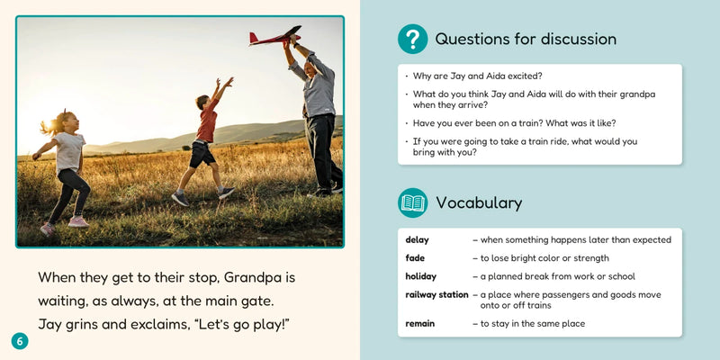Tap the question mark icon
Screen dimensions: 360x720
click(412, 39)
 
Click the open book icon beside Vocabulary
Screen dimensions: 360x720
click(412, 202)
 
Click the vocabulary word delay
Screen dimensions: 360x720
click(417, 240)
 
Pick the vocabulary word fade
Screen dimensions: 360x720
click(414, 258)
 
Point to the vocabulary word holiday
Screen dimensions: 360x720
click(420, 276)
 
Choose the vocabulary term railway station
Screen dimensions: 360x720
click(436, 294)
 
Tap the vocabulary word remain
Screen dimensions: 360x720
click(419, 323)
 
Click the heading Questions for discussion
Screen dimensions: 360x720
click(526, 40)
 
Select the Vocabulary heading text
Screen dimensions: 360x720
click(478, 203)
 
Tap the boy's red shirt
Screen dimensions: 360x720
click(207, 124)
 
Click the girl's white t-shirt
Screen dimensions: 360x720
click(69, 152)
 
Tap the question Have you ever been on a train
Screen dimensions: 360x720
click(515, 122)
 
